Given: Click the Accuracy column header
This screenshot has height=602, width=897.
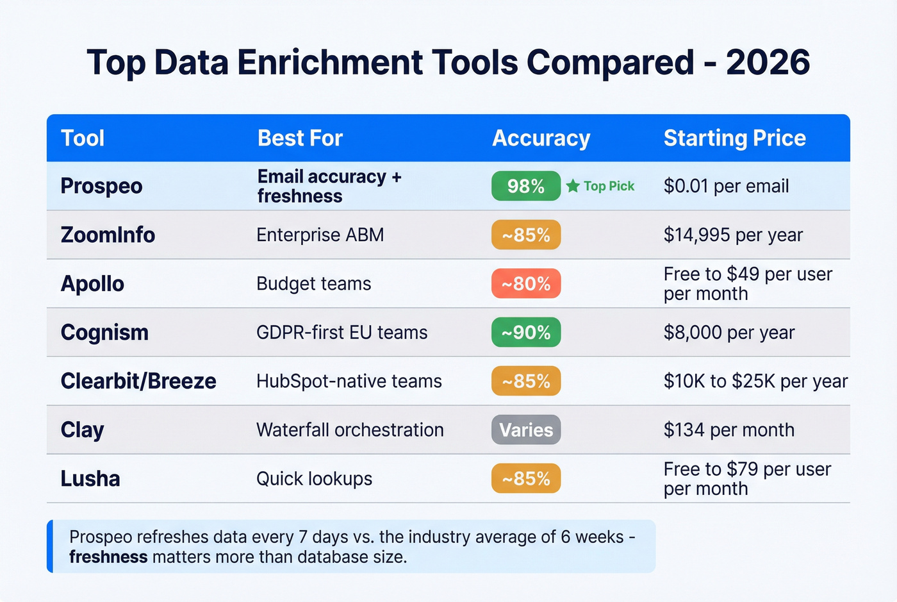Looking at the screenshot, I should (541, 138).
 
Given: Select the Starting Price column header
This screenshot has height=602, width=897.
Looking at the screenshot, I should (734, 138).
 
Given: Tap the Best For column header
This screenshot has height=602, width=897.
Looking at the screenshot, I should (300, 138).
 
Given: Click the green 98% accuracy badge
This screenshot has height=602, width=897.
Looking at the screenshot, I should (526, 187).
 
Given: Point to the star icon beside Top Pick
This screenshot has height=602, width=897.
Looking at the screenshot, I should (573, 187).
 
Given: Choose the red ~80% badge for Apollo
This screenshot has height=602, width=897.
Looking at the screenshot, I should (526, 284).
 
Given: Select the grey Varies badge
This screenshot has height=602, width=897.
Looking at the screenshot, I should (526, 430).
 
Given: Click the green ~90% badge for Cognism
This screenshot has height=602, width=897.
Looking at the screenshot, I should (526, 333).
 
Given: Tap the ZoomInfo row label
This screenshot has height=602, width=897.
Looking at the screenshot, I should (108, 235).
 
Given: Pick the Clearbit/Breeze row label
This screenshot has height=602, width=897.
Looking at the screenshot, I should (138, 381).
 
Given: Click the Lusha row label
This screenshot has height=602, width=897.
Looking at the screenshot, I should (90, 479).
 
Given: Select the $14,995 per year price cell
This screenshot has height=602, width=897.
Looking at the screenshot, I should (733, 235).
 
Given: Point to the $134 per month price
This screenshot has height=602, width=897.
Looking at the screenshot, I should (728, 430).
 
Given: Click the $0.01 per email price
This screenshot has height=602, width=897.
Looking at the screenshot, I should (726, 187).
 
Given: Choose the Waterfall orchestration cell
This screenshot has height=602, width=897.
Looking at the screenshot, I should (350, 430).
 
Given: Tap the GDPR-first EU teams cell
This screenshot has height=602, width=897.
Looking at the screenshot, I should (342, 333).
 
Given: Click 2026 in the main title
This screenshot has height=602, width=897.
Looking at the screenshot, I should (768, 63).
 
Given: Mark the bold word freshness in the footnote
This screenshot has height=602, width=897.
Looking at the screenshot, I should (108, 557).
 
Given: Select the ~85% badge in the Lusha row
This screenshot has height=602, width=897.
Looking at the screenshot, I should (526, 479).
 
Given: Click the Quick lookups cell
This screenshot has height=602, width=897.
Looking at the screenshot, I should (314, 479).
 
